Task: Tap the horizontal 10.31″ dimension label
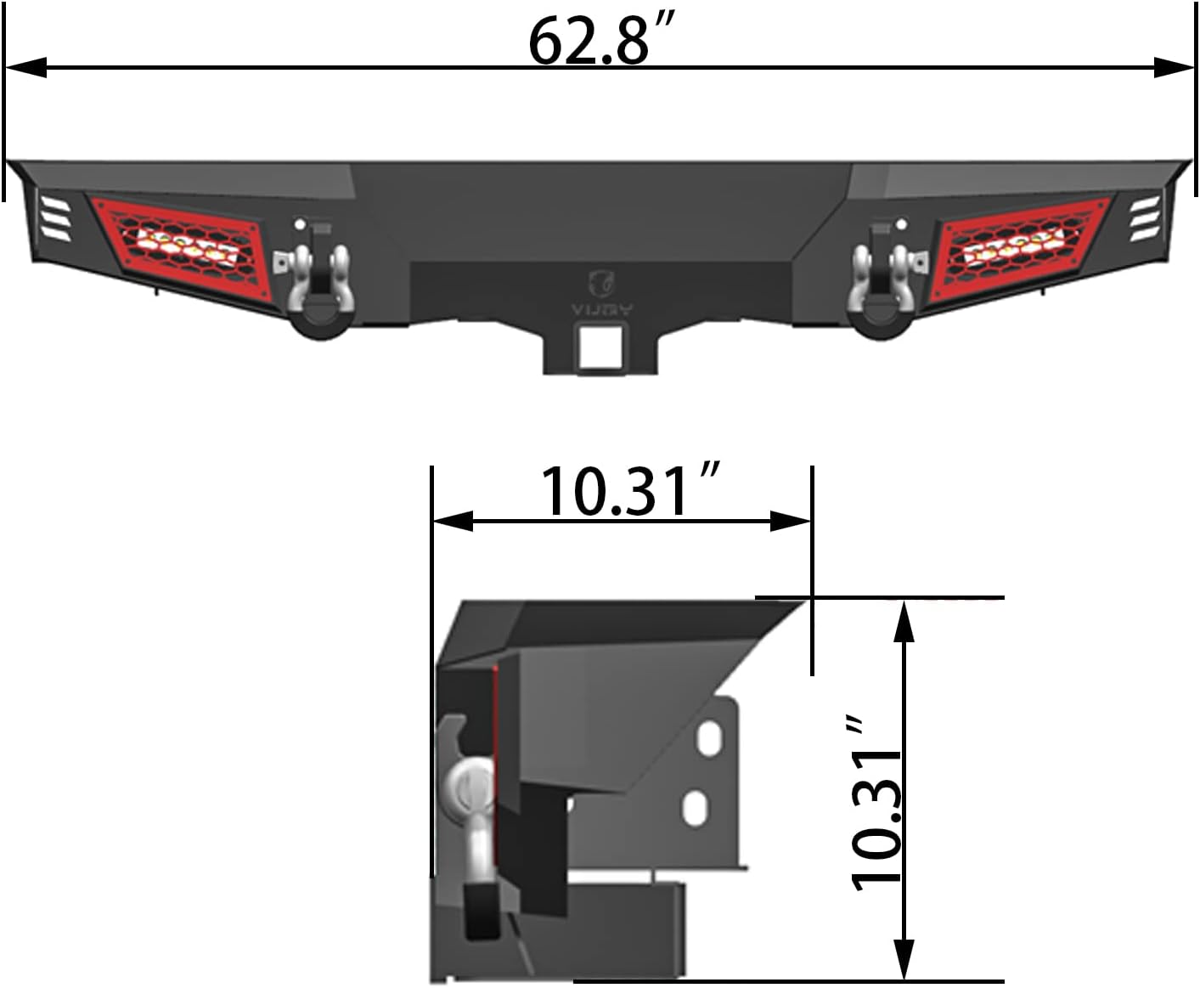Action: [628, 491]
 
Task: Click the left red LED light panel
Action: [177, 246]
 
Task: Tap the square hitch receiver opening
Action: [599, 351]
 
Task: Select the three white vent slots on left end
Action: [54, 218]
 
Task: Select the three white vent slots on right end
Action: [1144, 217]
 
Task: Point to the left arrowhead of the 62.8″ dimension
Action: [25, 68]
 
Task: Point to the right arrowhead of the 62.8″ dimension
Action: [1174, 68]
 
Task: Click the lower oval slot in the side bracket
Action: [695, 806]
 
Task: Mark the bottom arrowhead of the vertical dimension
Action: [905, 960]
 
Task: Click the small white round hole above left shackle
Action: [299, 225]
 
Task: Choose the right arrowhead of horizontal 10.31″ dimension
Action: [790, 521]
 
